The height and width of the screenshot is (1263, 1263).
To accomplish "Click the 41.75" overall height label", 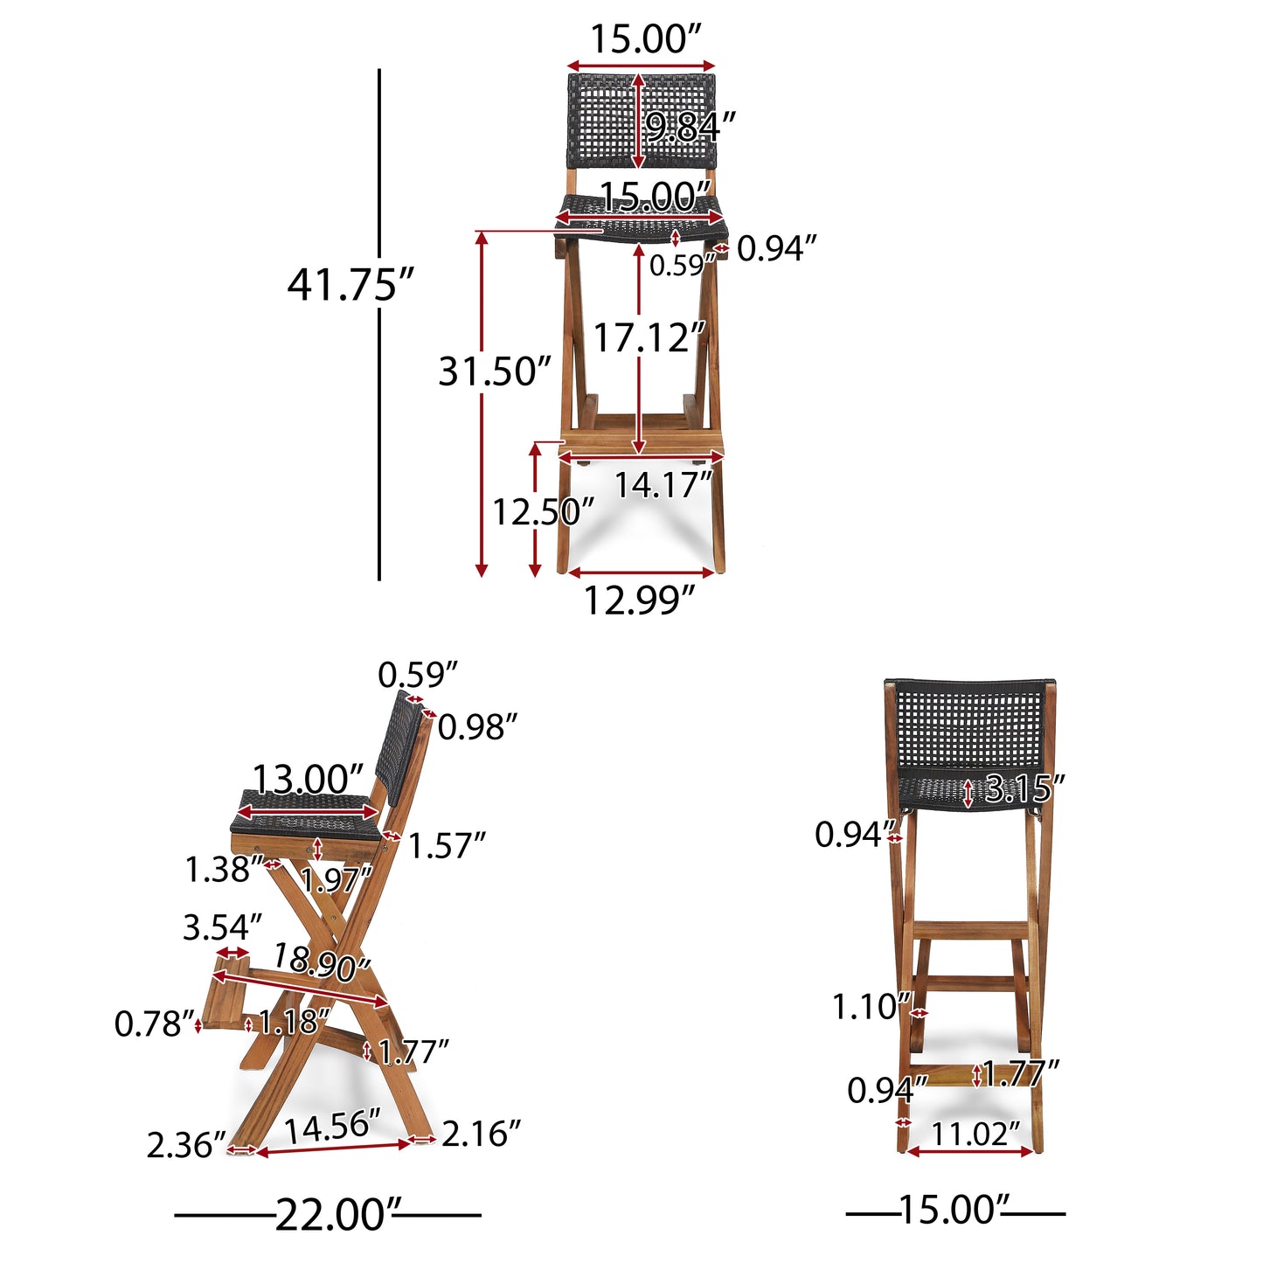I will (350, 284).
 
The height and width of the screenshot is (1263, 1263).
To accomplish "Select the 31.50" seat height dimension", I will (495, 371).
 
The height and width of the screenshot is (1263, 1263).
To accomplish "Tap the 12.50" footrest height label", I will (542, 512).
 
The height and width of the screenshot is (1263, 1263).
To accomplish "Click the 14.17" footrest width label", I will (663, 485).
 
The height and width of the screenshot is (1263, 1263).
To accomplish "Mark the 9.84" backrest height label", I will (690, 128).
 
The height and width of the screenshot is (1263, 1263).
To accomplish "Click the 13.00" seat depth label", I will (307, 779).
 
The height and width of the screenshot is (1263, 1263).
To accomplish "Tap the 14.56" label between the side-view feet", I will (332, 1126).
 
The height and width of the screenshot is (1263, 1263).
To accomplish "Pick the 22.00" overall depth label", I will (330, 1215).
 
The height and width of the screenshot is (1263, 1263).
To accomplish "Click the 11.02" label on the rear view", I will (975, 1135).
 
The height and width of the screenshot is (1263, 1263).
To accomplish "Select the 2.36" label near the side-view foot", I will (185, 1145).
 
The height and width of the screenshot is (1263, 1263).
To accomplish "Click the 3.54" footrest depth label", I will (222, 927).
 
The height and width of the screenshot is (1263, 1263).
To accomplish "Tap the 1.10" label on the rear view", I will (871, 1007).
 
